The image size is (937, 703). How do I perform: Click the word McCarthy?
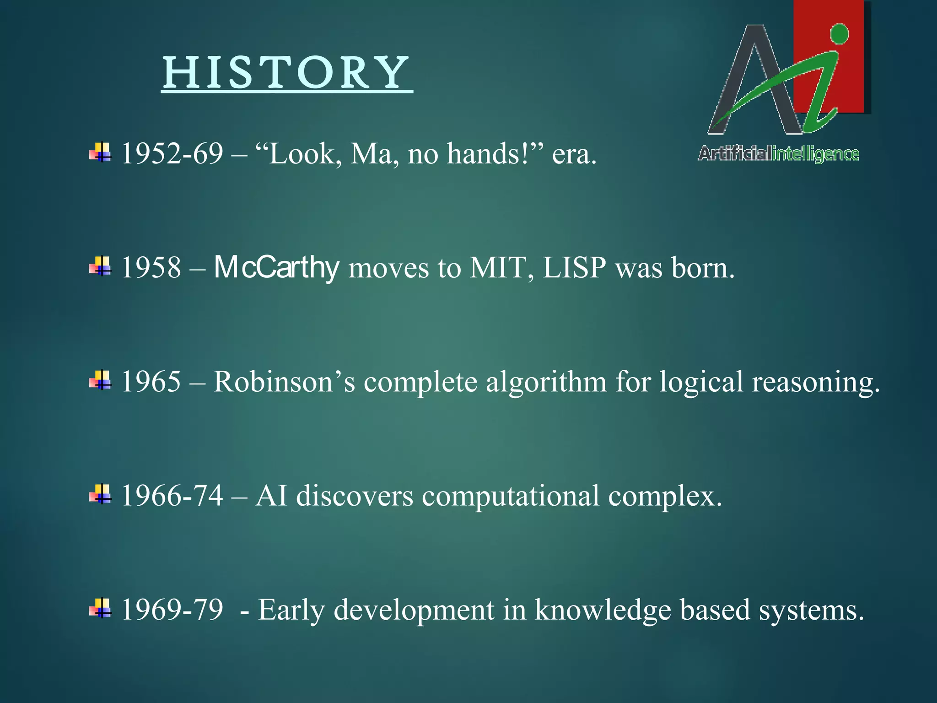coord(276,267)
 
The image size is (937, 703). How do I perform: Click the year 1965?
coord(151,381)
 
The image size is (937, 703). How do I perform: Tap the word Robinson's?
coord(284,381)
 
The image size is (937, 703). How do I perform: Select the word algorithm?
coord(546,381)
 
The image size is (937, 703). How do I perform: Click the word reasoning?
coord(815,381)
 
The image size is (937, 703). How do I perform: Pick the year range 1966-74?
coord(172,496)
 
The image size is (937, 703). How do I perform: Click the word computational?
coord(510,496)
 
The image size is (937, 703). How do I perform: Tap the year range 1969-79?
coord(172,610)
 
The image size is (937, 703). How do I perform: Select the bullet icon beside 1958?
coord(100,266)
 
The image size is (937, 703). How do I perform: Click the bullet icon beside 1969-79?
coord(100,608)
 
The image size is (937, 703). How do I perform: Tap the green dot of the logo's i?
coord(839,34)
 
